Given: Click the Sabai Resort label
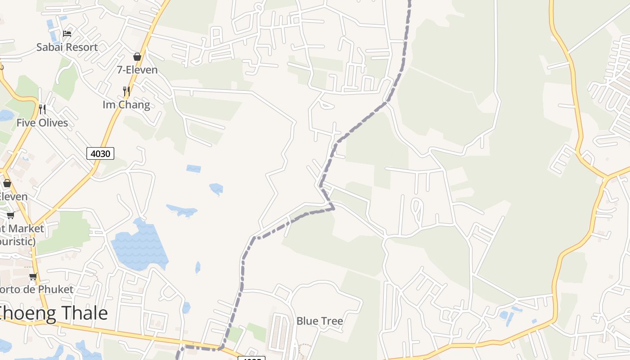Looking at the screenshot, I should point(67,47).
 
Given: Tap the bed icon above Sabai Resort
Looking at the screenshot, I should point(67,33).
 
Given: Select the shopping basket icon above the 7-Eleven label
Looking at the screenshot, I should point(137,57).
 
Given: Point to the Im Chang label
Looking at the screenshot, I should point(126,105).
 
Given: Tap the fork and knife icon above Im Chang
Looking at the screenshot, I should point(126,91).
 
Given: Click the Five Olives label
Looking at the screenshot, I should point(42,123).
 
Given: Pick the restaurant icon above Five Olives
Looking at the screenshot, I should point(42,109).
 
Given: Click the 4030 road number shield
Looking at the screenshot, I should point(100,153).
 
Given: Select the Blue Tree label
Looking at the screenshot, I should point(319,321).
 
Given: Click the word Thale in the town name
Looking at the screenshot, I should point(83,313).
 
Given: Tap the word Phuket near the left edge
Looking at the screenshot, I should point(55,289).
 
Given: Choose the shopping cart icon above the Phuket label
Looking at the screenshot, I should point(33,276).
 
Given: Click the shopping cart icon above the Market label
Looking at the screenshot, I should point(10,216).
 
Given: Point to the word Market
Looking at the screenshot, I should point(27,228).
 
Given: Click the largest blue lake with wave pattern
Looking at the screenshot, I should point(139,247).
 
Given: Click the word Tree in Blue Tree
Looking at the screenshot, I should point(332,321).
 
